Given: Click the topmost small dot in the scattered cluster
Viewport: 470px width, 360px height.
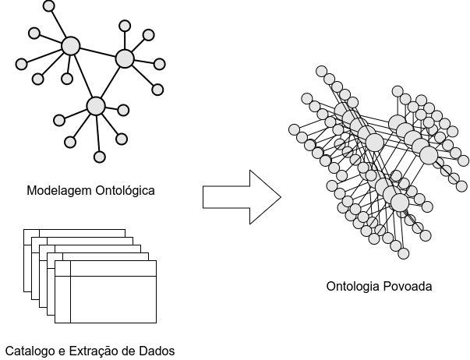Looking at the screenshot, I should click(x=48, y=5).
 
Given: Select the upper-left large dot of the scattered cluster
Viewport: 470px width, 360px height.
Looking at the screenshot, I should click(x=71, y=46).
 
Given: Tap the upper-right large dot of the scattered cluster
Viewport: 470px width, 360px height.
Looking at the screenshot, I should click(x=125, y=58).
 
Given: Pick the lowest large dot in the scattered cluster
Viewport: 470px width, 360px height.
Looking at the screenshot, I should click(x=96, y=106).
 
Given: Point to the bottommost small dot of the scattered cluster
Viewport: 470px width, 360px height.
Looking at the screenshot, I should click(x=100, y=157).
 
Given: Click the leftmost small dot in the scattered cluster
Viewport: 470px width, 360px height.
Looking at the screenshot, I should click(x=21, y=64).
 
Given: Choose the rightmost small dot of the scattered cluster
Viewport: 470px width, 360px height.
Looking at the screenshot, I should click(x=159, y=64).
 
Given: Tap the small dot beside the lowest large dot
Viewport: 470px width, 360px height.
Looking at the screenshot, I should click(x=123, y=110).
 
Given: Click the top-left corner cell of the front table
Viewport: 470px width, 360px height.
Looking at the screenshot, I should click(x=62, y=268).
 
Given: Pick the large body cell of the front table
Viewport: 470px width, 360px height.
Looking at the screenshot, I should click(x=113, y=298).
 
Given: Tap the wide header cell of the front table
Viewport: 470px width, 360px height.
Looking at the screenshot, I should click(x=113, y=268).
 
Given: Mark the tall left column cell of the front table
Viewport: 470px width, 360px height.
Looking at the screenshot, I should click(x=62, y=298).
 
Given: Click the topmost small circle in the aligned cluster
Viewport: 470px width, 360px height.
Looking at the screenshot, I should click(x=321, y=71).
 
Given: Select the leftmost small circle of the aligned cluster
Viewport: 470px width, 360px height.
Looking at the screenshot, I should click(x=294, y=129).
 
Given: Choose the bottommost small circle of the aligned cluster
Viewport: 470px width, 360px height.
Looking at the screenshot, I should click(x=403, y=253).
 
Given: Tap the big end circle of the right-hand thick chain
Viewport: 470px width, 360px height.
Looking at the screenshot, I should click(x=429, y=155).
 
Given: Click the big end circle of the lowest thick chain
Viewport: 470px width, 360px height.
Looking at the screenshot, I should click(x=400, y=203).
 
